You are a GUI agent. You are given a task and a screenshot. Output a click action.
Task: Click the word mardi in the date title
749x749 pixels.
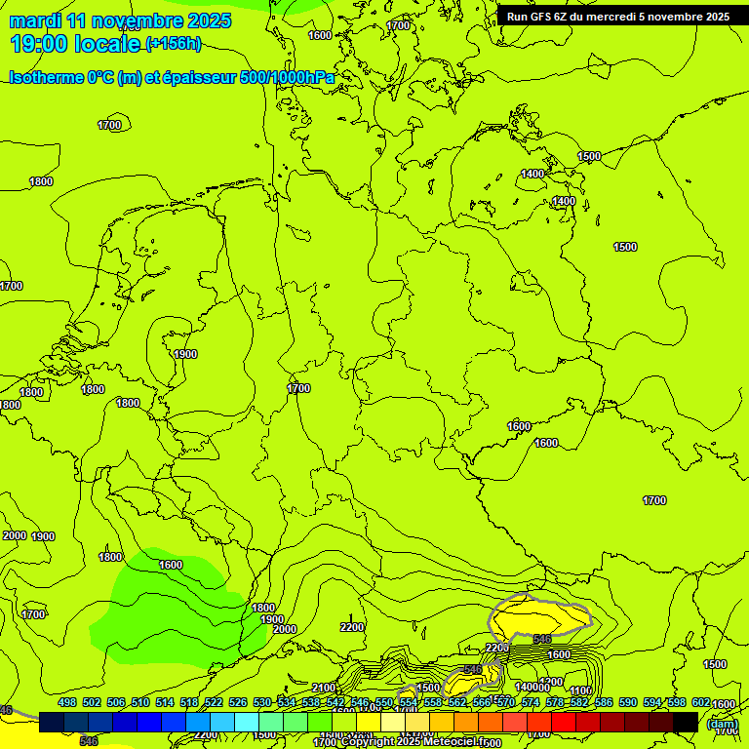(36, 20)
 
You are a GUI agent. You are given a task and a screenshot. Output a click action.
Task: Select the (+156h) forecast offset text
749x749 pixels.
(173, 43)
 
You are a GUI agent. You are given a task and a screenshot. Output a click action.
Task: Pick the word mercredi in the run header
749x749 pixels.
(606, 17)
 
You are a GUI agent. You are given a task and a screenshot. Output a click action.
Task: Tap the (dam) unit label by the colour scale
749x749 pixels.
(721, 725)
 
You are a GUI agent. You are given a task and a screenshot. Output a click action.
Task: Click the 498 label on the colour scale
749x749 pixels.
(67, 703)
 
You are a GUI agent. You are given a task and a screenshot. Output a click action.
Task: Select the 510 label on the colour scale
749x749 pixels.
(140, 703)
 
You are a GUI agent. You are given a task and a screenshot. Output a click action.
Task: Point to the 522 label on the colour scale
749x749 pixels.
(214, 703)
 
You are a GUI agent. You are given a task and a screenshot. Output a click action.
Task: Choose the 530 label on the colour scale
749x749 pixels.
(262, 703)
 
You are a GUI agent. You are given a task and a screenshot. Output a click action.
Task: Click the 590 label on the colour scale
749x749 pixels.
(628, 703)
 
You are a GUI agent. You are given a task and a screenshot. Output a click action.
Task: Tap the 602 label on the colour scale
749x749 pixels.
(701, 703)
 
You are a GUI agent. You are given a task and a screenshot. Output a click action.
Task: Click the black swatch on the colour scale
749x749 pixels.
(686, 722)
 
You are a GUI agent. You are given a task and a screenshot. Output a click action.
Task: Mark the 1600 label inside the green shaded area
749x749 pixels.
(170, 565)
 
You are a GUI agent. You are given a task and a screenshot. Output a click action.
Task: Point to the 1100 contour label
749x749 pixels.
(580, 690)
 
